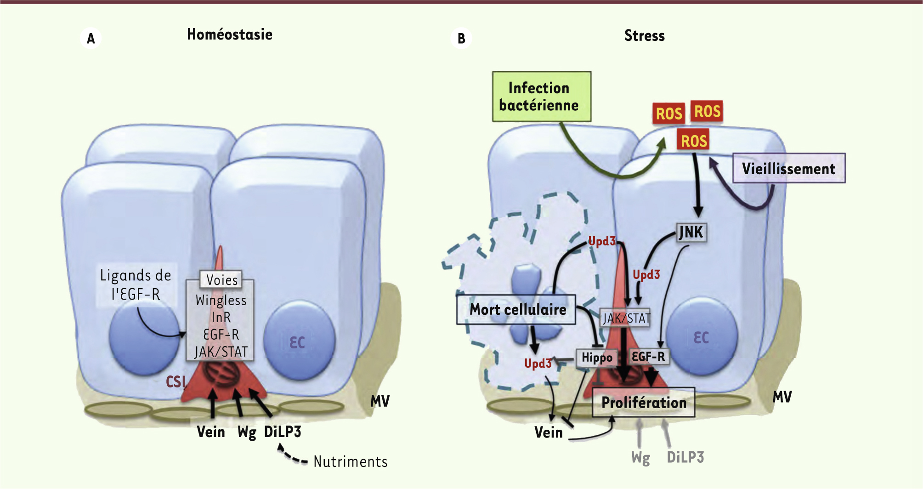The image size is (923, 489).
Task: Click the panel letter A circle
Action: point(91,38)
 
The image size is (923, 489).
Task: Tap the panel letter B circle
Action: point(461,38)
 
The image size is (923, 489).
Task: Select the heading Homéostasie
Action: point(230,34)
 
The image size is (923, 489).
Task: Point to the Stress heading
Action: point(644,36)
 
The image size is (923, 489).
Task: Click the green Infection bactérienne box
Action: point(541,97)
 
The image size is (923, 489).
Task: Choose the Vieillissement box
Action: point(788,168)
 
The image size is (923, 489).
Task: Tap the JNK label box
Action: point(691,232)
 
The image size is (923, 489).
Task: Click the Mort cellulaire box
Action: point(516,309)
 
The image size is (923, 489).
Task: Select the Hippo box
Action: point(596,358)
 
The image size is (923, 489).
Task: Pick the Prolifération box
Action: point(643,403)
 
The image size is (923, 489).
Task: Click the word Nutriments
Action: point(350,461)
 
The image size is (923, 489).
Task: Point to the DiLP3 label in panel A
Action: point(283,432)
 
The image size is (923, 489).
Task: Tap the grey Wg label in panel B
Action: point(640,458)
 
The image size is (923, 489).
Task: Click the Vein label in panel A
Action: point(211,432)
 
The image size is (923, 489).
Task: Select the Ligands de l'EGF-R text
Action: point(136,284)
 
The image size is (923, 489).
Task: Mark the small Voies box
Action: point(221,280)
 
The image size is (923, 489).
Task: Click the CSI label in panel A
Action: point(176,381)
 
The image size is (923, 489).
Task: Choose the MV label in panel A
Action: point(380,401)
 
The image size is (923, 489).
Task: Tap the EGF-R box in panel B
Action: point(648,357)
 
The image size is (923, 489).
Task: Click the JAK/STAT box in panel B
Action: point(626,318)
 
